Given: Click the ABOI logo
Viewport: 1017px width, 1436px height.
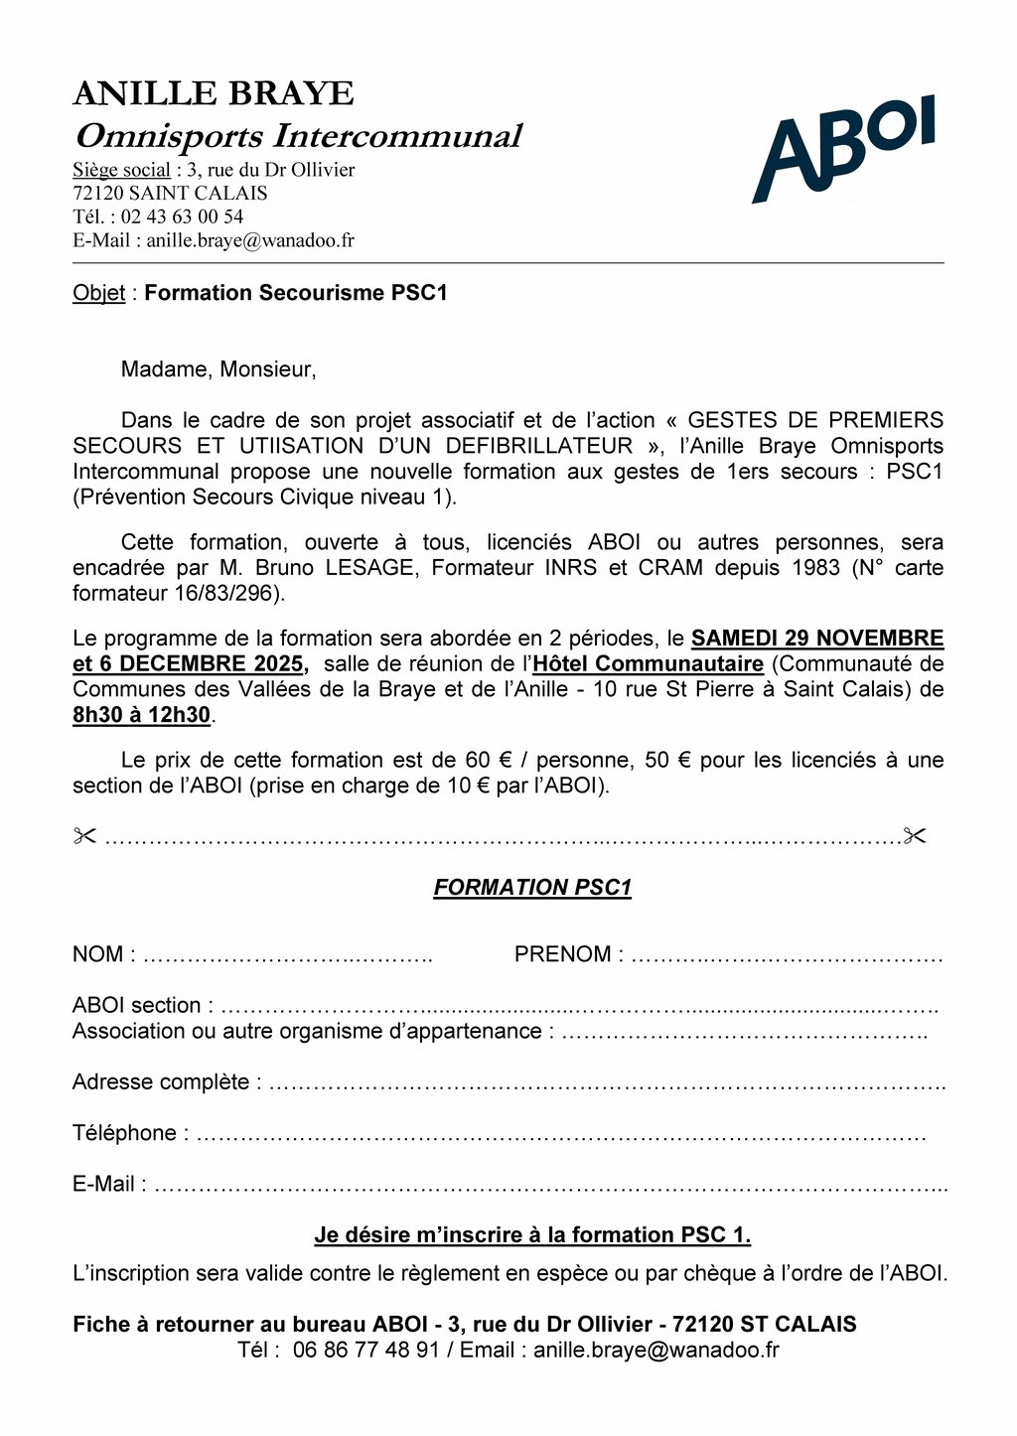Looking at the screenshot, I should (843, 149).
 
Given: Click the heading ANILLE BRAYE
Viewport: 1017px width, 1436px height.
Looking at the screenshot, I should (214, 93).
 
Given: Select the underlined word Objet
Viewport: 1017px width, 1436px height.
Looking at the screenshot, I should (98, 293).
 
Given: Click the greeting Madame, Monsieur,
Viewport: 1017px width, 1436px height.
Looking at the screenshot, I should (218, 369).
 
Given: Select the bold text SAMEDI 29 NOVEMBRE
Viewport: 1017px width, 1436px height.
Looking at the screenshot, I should (817, 638).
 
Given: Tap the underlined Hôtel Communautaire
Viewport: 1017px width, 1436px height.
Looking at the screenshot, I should (649, 663).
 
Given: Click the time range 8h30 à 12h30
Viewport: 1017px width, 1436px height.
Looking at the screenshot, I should (141, 715).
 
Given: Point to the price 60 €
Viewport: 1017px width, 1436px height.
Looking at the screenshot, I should (489, 760).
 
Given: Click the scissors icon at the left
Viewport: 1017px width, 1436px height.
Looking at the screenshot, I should (84, 836).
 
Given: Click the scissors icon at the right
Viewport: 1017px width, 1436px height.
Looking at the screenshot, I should (915, 836).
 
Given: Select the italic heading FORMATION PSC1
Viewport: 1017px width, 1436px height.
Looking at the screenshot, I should (532, 888).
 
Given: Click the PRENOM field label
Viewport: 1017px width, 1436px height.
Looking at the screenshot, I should (563, 954).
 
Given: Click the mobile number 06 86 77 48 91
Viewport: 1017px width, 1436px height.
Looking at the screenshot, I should (366, 1350).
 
